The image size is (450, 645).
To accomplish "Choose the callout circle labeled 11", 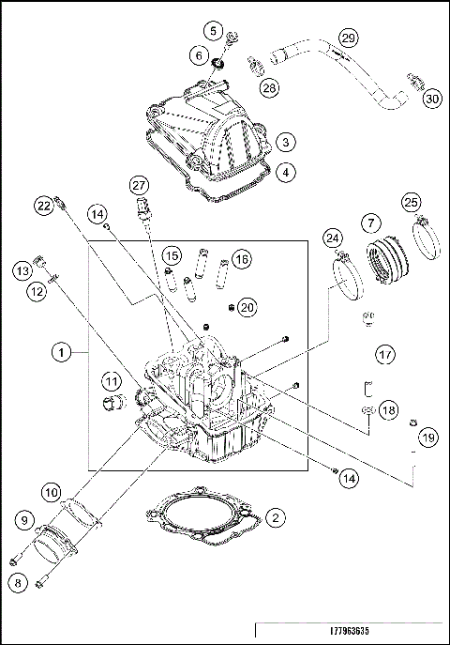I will pos(112,382).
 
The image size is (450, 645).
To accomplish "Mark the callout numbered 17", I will pos(383,354).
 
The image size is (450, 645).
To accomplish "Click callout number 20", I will pos(247,307).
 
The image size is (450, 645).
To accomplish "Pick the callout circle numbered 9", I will pos(22,518).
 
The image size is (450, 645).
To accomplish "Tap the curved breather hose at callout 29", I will pos(337,70).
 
